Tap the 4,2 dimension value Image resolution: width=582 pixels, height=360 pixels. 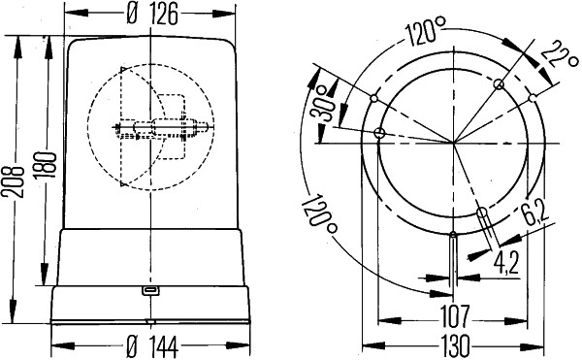coord(508,262)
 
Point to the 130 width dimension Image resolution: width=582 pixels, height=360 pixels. coord(450,344)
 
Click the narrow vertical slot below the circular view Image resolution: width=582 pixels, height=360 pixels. coord(454,262)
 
